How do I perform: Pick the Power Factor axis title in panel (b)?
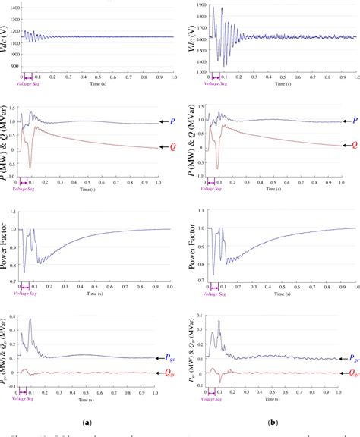coord(187,249)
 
